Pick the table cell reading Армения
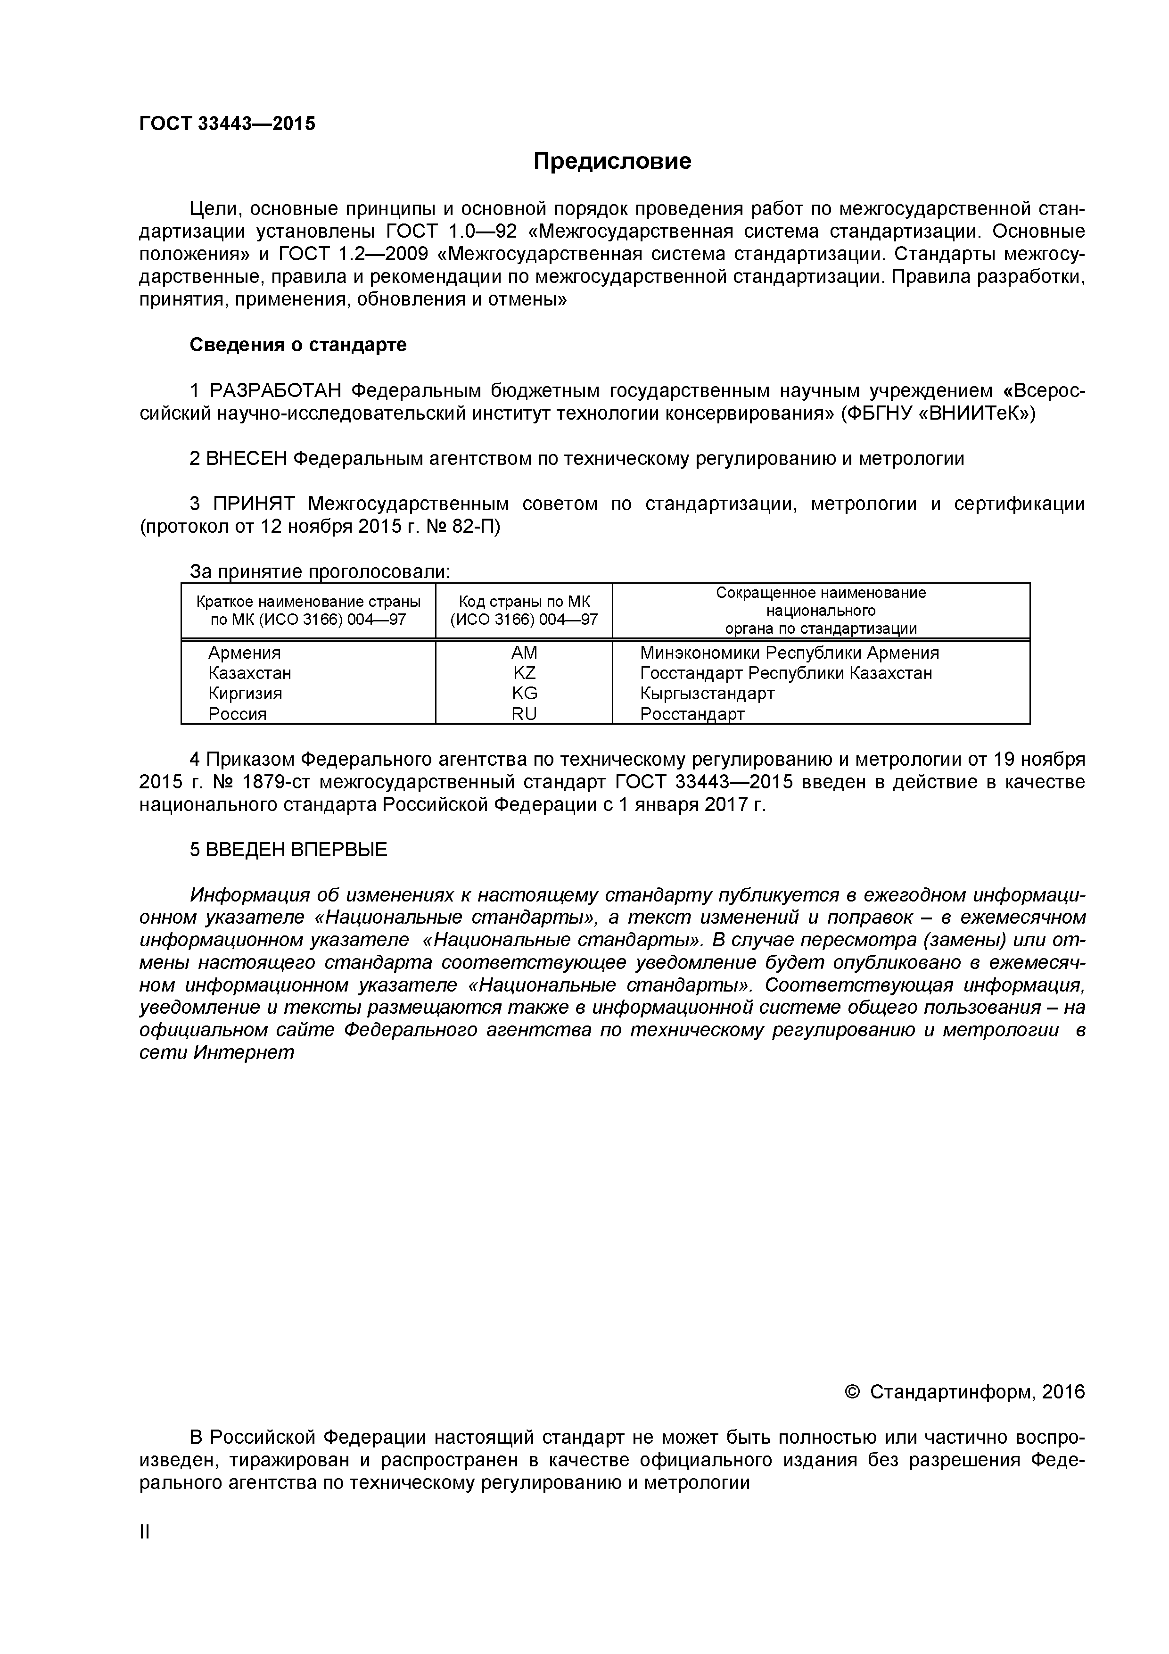coord(244,653)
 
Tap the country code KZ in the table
coord(524,673)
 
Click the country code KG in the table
coord(524,693)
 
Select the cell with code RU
coord(524,714)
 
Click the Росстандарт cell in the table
coord(692,714)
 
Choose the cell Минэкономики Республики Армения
coord(789,653)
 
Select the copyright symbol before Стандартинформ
coord(852,1392)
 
